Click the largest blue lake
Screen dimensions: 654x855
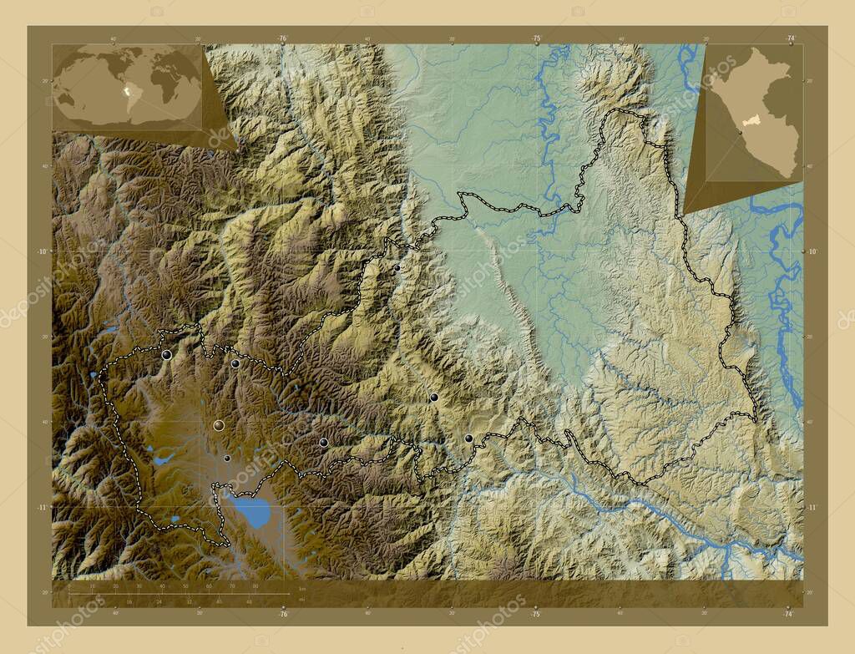(251, 511)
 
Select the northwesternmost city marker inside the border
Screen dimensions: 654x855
(167, 355)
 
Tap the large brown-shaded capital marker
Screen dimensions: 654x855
(219, 426)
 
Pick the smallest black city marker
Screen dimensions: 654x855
(226, 458)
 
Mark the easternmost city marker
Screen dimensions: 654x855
(468, 438)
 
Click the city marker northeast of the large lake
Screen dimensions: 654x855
(323, 443)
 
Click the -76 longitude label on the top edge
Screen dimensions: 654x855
(282, 38)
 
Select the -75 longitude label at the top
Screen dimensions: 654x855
(535, 38)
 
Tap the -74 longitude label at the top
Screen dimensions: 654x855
(789, 38)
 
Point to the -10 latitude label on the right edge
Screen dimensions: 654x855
(811, 251)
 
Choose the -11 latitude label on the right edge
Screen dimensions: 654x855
(811, 507)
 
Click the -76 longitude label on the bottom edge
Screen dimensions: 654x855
(282, 615)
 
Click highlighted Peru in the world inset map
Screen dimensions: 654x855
(124, 91)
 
